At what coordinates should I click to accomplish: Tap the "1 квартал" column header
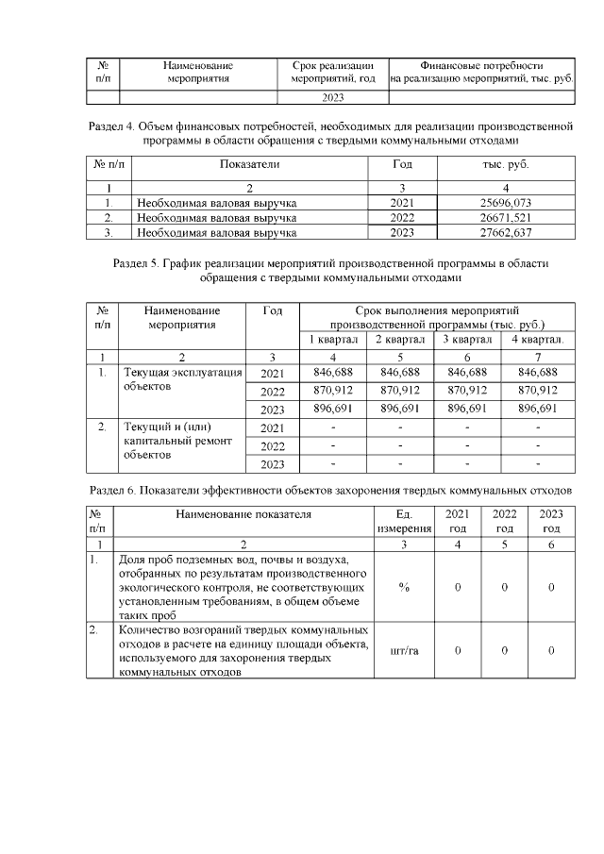point(331,340)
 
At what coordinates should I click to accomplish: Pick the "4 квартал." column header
point(538,340)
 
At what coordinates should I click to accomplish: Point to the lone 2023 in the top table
point(333,96)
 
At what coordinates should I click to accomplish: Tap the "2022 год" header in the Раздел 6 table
point(504,521)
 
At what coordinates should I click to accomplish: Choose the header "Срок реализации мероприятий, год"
point(333,73)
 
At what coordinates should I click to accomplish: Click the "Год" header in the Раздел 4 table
point(402,164)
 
